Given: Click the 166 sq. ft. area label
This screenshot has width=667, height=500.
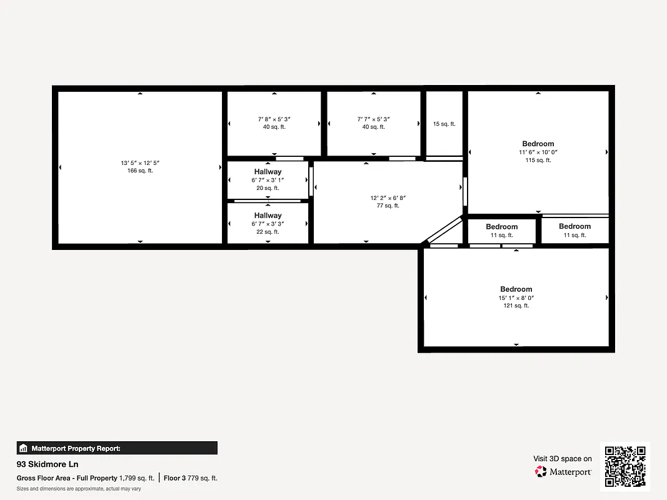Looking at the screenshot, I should pyautogui.click(x=140, y=171).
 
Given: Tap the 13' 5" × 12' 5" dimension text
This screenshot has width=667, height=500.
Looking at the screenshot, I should pyautogui.click(x=140, y=163).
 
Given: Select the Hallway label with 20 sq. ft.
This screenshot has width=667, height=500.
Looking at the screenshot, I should pyautogui.click(x=268, y=172).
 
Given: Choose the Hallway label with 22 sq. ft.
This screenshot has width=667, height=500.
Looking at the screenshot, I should pyautogui.click(x=268, y=216).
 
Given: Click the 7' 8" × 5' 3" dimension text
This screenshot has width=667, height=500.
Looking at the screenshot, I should pyautogui.click(x=274, y=119).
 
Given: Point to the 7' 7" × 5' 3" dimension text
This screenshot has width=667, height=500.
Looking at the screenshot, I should pyautogui.click(x=373, y=119).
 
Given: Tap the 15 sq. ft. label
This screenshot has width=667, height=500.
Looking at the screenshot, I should pyautogui.click(x=444, y=124).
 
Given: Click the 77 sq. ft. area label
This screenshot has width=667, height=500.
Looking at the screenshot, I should pyautogui.click(x=388, y=206).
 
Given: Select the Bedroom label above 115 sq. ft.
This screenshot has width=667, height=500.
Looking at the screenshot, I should pyautogui.click(x=538, y=144).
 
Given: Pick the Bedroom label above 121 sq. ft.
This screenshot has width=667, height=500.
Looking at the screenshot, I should pyautogui.click(x=516, y=289).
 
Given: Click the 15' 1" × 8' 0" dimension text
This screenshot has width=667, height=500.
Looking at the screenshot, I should pyautogui.click(x=516, y=298).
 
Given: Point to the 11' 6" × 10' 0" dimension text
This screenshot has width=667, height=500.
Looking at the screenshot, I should pyautogui.click(x=538, y=152).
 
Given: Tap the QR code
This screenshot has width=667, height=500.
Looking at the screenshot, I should pyautogui.click(x=625, y=466).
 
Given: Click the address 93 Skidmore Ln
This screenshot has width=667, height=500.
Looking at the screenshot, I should pyautogui.click(x=48, y=464).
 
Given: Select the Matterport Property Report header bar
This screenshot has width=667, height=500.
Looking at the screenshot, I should pyautogui.click(x=117, y=448).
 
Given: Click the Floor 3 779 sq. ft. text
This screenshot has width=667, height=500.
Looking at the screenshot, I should pyautogui.click(x=191, y=478).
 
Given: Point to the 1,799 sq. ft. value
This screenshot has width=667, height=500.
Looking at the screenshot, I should pyautogui.click(x=137, y=478).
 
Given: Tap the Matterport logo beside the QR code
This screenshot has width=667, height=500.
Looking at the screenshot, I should pyautogui.click(x=563, y=472).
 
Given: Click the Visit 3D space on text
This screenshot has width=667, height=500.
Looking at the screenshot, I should pyautogui.click(x=562, y=459).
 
